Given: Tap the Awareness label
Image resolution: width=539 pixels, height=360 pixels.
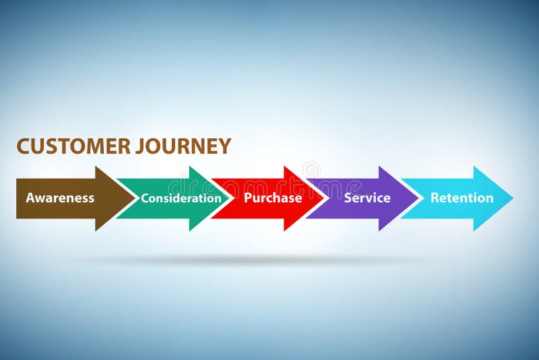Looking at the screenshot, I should (60, 198).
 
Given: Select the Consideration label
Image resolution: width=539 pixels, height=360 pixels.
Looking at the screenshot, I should (181, 198).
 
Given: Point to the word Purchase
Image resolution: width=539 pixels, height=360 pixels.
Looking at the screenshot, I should (273, 198).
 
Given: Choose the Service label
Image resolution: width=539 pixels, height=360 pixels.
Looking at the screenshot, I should (367, 198).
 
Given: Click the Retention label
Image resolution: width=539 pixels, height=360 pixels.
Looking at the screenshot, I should (462, 198).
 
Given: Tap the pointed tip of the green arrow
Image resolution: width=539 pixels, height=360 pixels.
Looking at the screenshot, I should (230, 198).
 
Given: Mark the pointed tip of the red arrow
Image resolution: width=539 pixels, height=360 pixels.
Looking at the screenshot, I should (325, 198).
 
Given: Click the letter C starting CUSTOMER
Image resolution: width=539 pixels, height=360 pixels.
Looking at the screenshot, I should (23, 146).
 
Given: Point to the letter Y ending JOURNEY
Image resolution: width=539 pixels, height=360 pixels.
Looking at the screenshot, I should (225, 146).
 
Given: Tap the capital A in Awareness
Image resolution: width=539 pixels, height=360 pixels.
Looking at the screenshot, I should (30, 198).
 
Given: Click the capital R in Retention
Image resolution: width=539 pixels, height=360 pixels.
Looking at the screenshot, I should (435, 198).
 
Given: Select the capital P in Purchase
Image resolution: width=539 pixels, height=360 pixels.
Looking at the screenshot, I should (248, 198).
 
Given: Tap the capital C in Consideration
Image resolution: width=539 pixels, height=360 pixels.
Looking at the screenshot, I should (145, 198).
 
